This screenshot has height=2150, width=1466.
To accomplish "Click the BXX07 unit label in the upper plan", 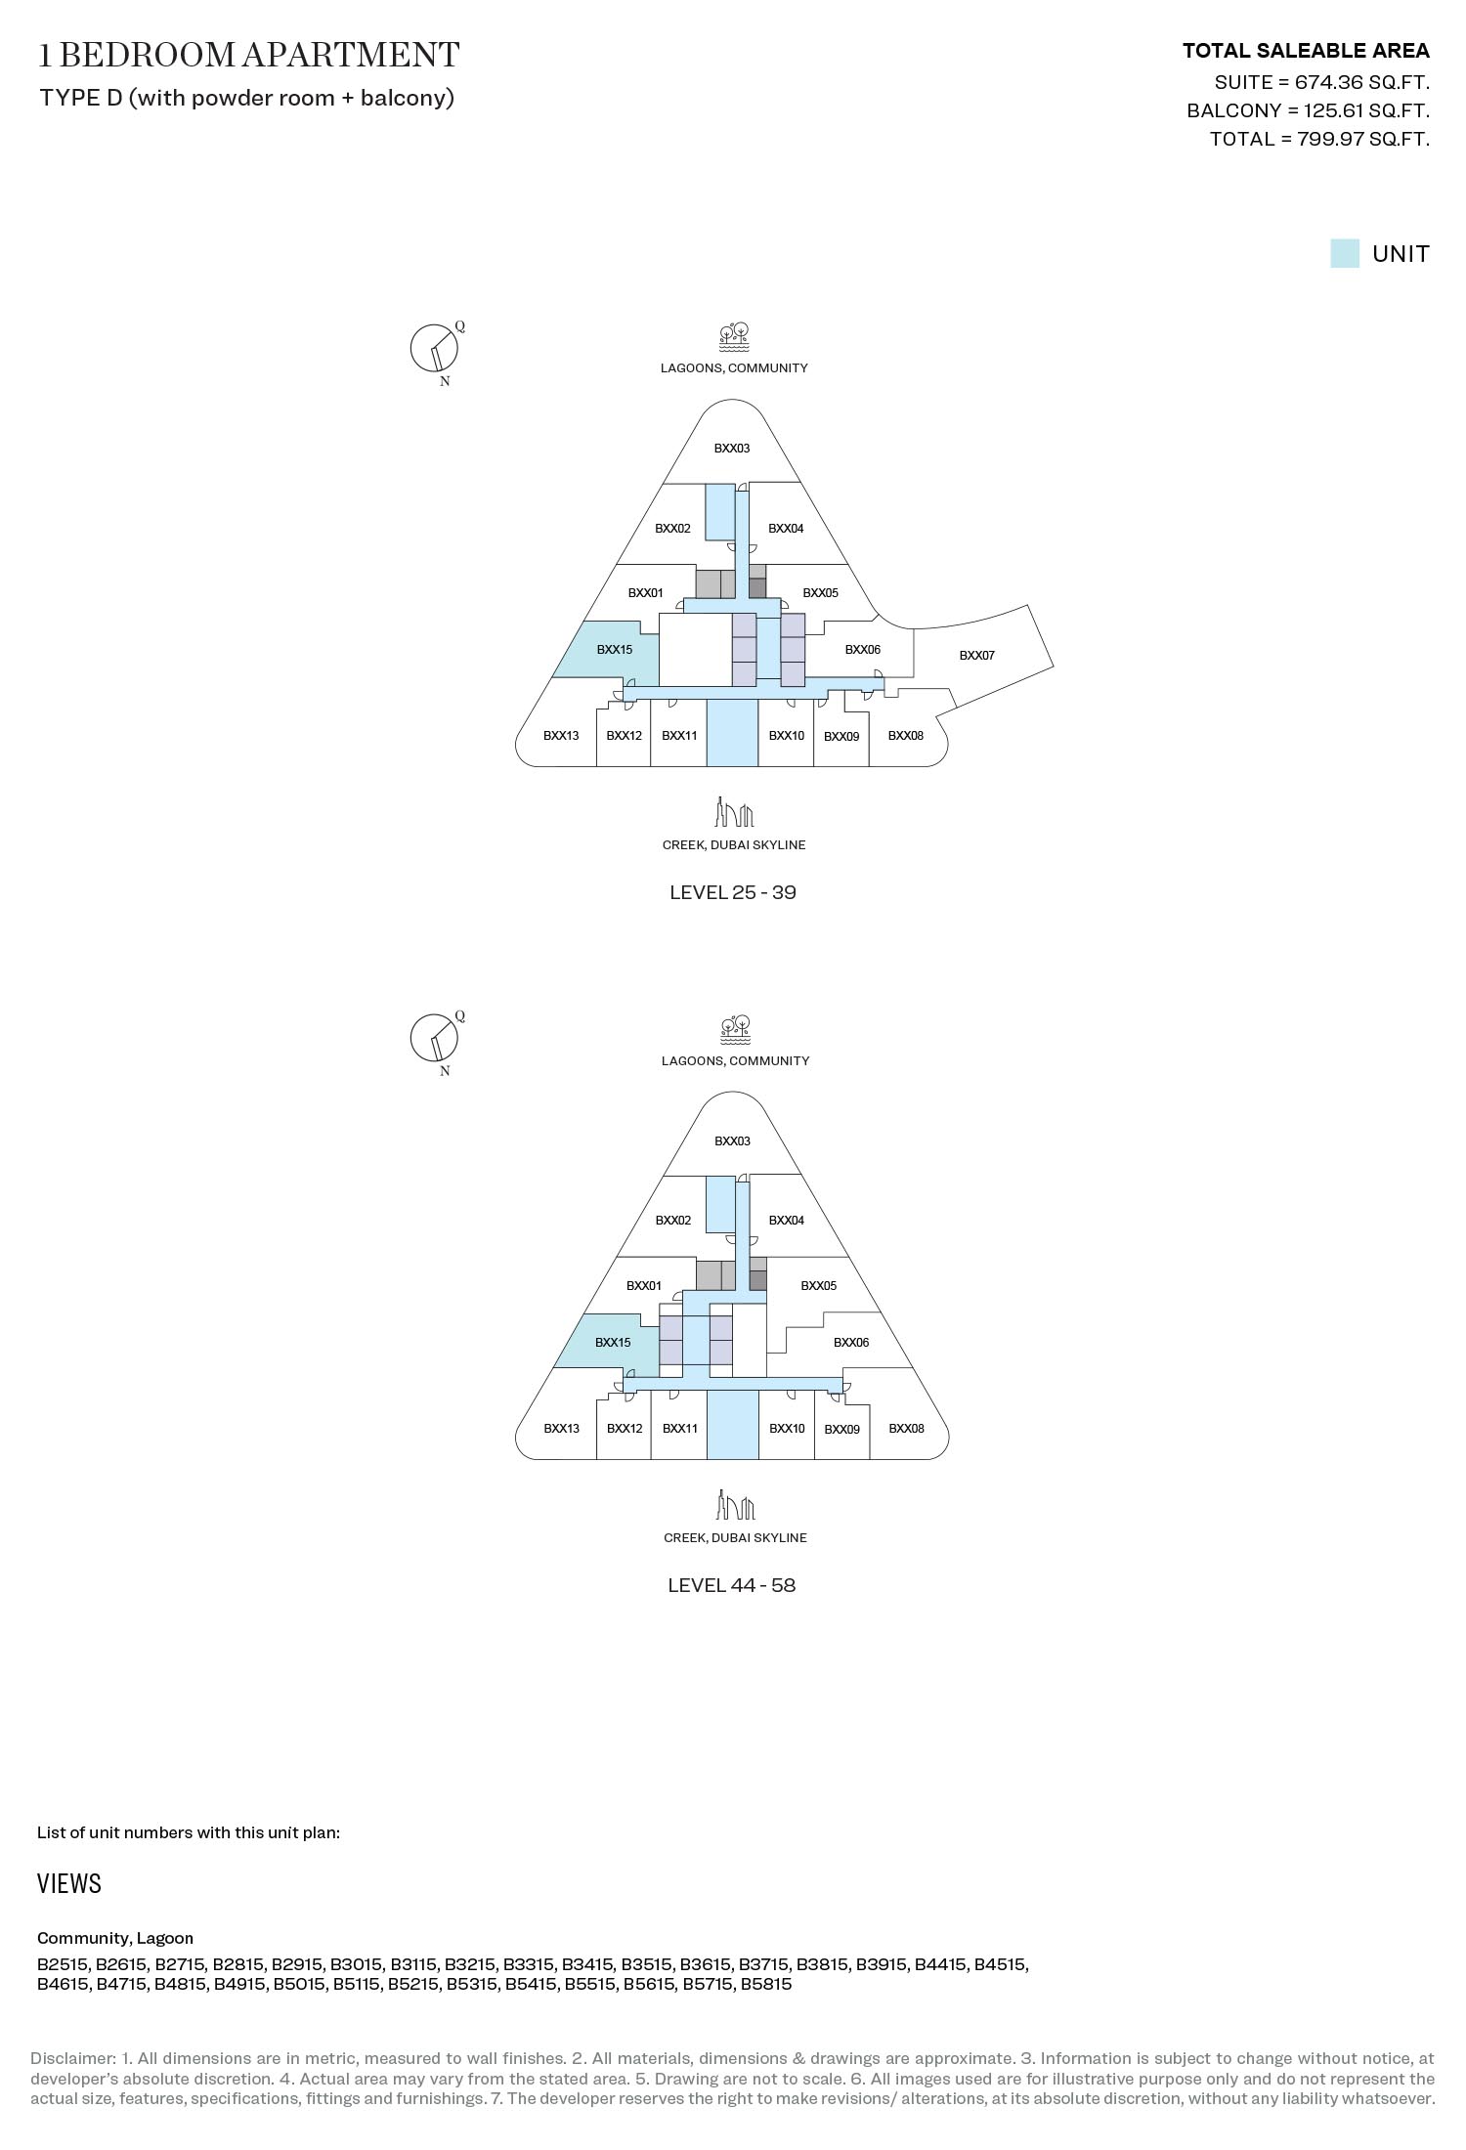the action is click(x=976, y=656).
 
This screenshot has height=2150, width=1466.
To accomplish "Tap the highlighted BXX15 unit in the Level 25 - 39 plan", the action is click(x=611, y=653).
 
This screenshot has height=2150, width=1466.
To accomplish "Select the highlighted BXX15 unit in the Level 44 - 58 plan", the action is click(x=610, y=1342).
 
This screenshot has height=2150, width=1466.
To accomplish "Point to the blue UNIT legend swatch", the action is click(x=1345, y=254).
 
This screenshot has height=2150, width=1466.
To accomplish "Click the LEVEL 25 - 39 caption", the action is click(x=733, y=892).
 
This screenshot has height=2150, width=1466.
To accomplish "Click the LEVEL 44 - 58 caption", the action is click(x=732, y=1585).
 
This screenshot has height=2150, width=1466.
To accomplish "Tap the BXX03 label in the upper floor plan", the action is click(x=732, y=449).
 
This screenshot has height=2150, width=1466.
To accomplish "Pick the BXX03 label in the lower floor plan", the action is click(x=732, y=1141).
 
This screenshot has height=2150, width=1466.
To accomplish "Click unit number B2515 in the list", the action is click(x=63, y=1964).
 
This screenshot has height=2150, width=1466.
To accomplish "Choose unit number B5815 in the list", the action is click(x=766, y=1984).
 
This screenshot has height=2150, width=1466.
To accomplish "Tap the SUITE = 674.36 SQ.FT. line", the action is click(x=1322, y=82).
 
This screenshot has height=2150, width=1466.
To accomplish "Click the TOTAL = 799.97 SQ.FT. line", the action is click(x=1319, y=139).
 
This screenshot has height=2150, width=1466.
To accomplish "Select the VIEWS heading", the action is click(x=69, y=1884).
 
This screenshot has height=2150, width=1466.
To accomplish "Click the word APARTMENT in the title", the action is click(x=350, y=55).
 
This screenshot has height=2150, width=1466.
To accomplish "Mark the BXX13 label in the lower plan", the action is click(x=561, y=1429).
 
